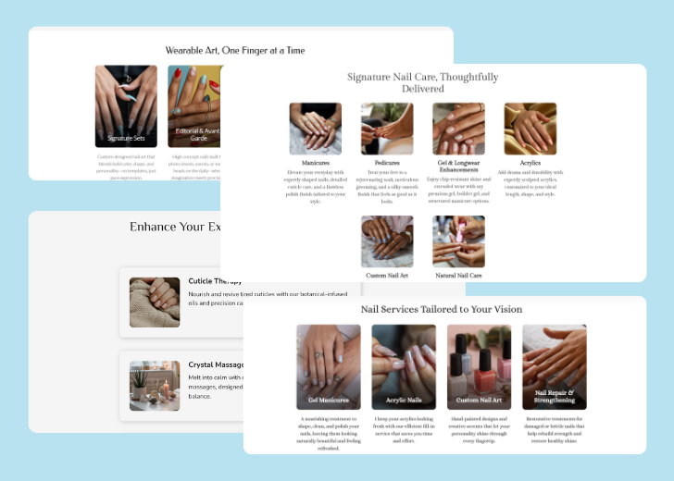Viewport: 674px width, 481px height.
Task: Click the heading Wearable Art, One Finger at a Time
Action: point(234,50)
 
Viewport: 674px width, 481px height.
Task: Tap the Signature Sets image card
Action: point(126,105)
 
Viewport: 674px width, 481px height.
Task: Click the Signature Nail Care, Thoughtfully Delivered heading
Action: point(422,82)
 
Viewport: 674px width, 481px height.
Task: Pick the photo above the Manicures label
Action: point(315,129)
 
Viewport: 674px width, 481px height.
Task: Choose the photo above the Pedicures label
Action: point(387,129)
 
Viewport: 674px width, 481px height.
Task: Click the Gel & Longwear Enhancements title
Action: point(458,166)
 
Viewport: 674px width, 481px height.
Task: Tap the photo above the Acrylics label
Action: point(530,129)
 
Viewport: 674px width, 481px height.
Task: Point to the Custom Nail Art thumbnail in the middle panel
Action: point(387,241)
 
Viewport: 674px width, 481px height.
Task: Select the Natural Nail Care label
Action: point(458,276)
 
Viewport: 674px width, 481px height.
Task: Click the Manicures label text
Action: point(315,163)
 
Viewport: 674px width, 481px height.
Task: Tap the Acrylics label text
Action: point(530,163)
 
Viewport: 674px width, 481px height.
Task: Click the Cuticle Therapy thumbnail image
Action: point(155,302)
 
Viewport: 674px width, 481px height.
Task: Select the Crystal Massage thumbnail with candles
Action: point(155,385)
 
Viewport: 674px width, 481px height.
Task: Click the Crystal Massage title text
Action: point(215,364)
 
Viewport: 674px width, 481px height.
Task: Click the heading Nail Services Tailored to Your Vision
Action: point(442,309)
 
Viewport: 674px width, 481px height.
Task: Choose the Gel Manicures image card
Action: point(328,366)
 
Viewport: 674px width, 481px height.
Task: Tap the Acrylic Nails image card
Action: point(404,366)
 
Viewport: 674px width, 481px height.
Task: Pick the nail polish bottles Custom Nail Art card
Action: point(479,366)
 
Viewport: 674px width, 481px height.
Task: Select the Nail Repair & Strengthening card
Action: point(554,366)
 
